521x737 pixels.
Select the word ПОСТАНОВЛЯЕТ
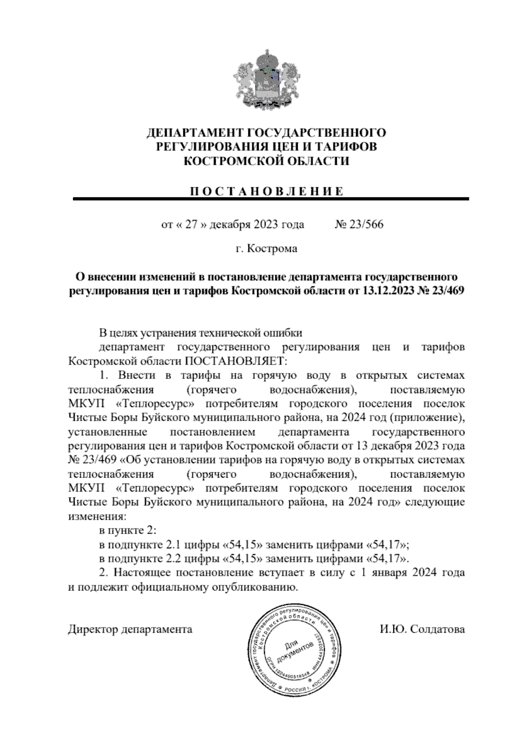point(237,361)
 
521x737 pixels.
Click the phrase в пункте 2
point(128,531)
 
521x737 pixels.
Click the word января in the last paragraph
point(386,572)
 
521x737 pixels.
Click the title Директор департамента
point(130,629)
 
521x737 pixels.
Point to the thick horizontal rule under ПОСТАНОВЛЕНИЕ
point(271,199)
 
